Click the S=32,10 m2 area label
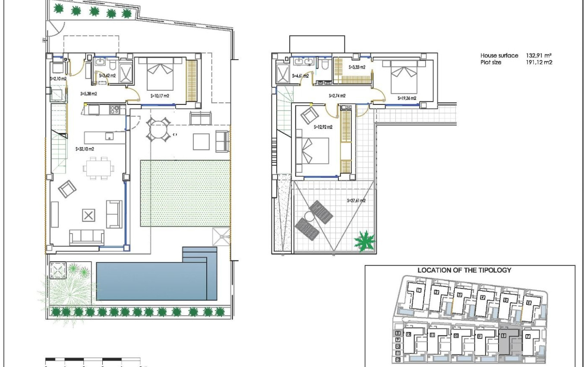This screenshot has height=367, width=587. (85, 149)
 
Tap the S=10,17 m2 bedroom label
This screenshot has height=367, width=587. (160, 96)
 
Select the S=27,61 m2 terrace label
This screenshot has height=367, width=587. (356, 200)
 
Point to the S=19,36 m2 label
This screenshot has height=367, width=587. (407, 98)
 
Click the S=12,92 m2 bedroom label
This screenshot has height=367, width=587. (323, 127)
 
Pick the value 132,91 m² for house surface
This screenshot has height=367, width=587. (539, 56)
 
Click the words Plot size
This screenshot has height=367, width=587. (491, 62)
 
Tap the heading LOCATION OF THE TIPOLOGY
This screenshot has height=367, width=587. (464, 270)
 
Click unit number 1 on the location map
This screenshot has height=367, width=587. (419, 291)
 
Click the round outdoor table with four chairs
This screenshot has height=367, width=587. (158, 130)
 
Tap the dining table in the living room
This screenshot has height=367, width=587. (100, 168)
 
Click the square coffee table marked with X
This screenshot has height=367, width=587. (88, 215)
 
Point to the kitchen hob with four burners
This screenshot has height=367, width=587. (114, 110)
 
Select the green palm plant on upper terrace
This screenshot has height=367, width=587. (365, 241)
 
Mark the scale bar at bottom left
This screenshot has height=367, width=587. (93, 359)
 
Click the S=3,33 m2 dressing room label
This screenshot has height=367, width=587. (357, 67)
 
